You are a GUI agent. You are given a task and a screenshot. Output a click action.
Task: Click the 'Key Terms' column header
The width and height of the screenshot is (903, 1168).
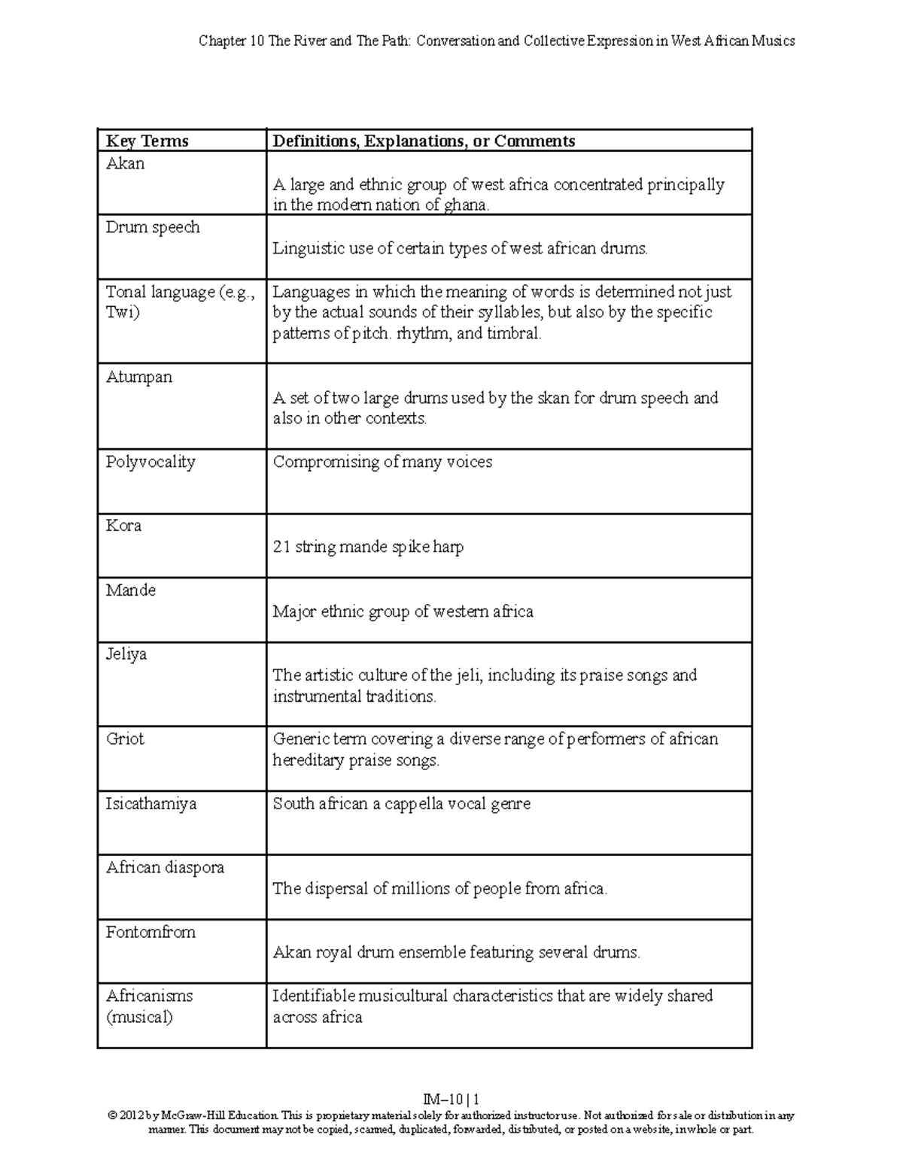point(147,141)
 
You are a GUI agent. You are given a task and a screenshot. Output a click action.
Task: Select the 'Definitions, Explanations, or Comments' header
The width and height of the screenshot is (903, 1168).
point(424,141)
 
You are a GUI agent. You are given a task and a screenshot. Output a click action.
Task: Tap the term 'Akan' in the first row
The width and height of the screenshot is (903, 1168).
point(126,164)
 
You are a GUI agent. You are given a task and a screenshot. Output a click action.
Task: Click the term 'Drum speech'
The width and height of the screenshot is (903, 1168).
point(153,228)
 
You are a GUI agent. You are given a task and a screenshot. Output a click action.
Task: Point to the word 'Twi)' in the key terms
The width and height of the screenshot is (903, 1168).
point(123,313)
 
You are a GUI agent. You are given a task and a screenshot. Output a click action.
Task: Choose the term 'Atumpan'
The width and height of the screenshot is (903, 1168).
point(139,378)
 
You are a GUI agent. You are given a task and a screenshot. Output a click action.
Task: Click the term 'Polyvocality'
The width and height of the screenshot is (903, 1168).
point(150,462)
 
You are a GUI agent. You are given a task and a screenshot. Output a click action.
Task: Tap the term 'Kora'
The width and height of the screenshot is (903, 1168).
point(124,526)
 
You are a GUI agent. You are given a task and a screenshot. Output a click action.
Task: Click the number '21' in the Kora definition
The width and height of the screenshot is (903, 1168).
point(281,548)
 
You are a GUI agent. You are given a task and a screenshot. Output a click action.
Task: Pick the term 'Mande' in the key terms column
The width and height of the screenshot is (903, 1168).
point(131,590)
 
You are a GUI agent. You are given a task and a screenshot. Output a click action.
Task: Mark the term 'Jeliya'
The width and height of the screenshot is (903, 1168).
point(126,654)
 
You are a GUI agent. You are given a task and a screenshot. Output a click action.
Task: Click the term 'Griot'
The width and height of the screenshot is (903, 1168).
point(125,739)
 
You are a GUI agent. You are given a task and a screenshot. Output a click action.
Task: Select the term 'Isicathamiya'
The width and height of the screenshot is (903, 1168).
point(151,804)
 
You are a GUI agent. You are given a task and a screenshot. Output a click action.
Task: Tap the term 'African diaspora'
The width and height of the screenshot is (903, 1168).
point(165,868)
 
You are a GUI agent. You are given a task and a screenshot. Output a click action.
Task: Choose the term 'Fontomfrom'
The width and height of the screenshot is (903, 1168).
point(150,933)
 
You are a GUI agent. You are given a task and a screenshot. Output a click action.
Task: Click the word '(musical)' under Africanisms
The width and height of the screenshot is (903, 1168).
point(139,1018)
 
